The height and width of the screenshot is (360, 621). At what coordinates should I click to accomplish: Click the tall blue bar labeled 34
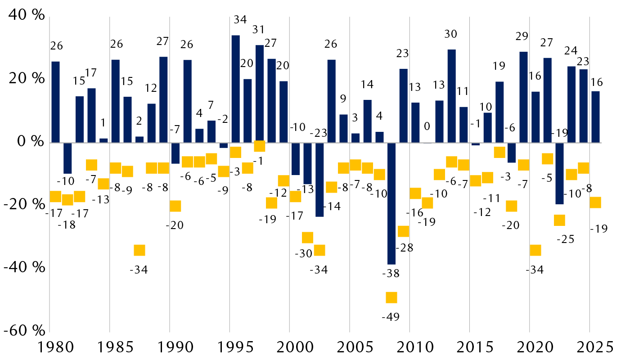point(235,89)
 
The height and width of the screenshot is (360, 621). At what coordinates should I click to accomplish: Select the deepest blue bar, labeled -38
point(391,203)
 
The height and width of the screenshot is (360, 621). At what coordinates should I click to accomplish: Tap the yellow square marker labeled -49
point(391,297)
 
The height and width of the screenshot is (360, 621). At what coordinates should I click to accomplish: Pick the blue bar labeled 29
point(523,97)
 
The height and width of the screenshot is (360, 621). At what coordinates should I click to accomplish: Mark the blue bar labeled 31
point(260,94)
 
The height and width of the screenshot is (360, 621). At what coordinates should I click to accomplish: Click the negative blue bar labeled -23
point(319,180)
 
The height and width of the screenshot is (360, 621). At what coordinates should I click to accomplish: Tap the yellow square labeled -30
point(307,238)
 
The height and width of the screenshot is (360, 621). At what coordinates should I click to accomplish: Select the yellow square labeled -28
point(403,231)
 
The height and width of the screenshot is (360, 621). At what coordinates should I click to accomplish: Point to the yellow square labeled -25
point(559,220)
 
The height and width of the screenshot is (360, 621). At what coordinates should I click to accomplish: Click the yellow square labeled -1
point(260,146)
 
